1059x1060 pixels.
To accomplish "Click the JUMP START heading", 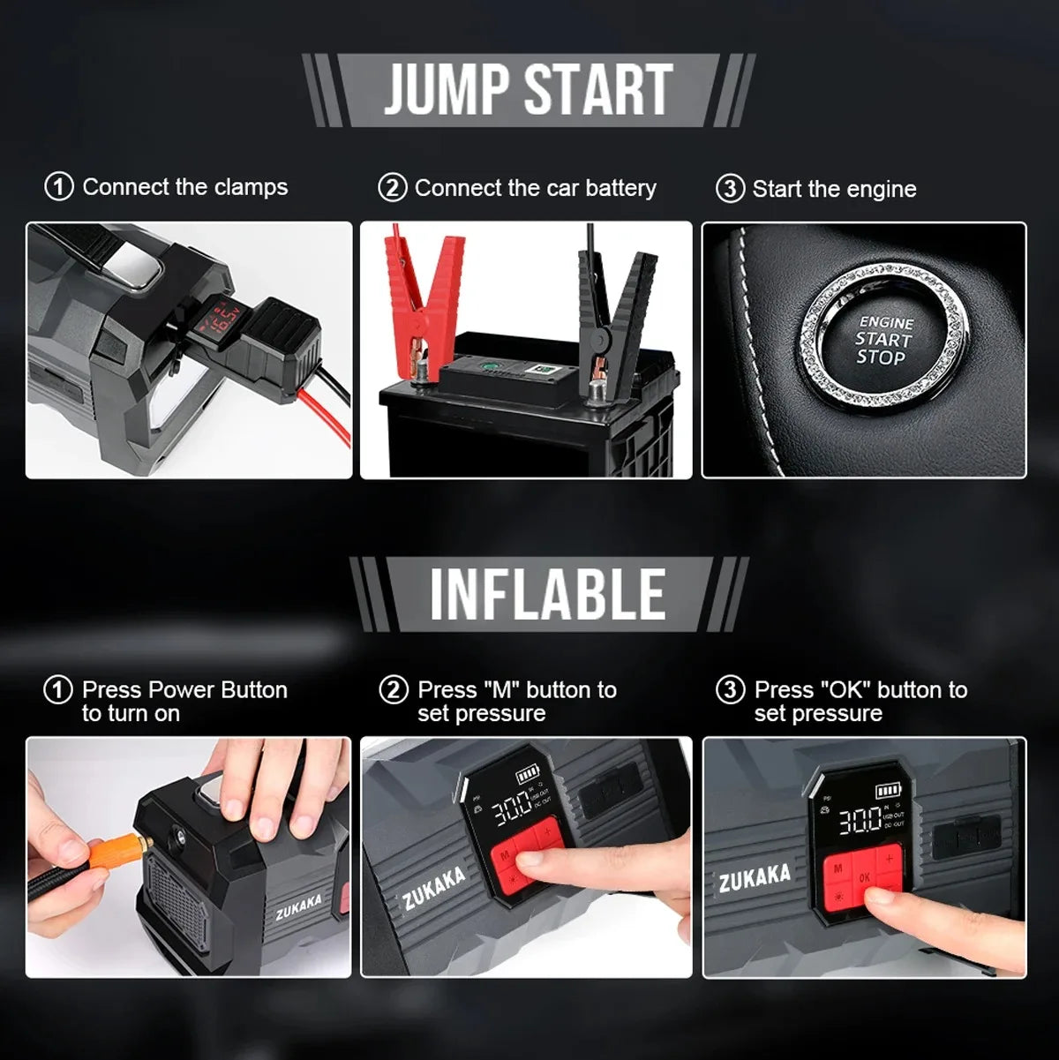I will (528, 90).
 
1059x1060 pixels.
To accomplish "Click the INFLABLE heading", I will (547, 594).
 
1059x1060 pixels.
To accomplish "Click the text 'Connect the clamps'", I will (184, 187).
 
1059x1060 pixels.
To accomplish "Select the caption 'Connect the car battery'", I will (535, 188).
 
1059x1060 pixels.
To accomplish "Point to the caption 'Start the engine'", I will (833, 189).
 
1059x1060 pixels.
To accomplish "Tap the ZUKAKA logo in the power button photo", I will (298, 906).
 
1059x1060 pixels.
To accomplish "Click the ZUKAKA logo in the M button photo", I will (433, 888).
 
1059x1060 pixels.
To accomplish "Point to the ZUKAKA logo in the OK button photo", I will (754, 876).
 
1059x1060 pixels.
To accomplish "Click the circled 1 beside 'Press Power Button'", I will (58, 690).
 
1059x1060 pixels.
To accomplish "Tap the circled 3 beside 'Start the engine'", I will (729, 189).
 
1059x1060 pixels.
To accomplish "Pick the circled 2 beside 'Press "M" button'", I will (394, 690).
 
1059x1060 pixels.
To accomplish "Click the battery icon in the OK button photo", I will (886, 792).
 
